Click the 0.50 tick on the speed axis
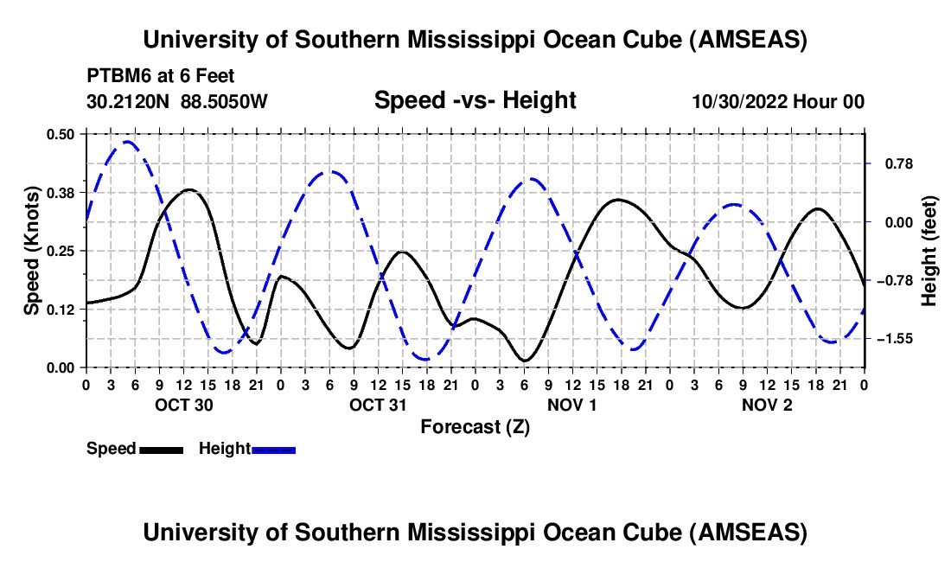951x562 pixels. click(61, 133)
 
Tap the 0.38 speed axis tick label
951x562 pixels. click(61, 192)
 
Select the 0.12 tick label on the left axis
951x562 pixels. click(61, 310)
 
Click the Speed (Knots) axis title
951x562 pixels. click(31, 251)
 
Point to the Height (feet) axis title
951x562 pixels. click(929, 251)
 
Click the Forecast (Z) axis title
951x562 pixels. click(475, 426)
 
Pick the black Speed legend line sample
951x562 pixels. click(160, 449)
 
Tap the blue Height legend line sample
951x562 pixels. click(273, 449)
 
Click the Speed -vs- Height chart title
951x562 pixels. click(475, 100)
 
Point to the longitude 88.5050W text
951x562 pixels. click(225, 101)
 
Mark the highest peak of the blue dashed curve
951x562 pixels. click(126, 141)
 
